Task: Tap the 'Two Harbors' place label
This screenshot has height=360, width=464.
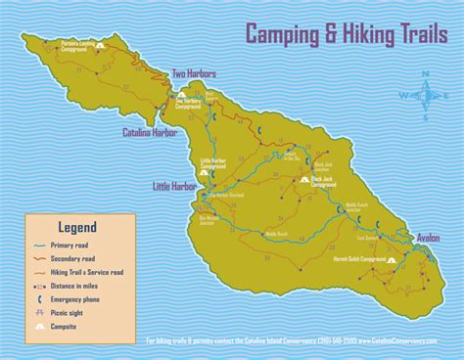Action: coord(194,73)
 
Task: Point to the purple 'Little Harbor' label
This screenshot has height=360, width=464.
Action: coord(175,184)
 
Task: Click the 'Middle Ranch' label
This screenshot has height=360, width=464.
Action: coord(277,234)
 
